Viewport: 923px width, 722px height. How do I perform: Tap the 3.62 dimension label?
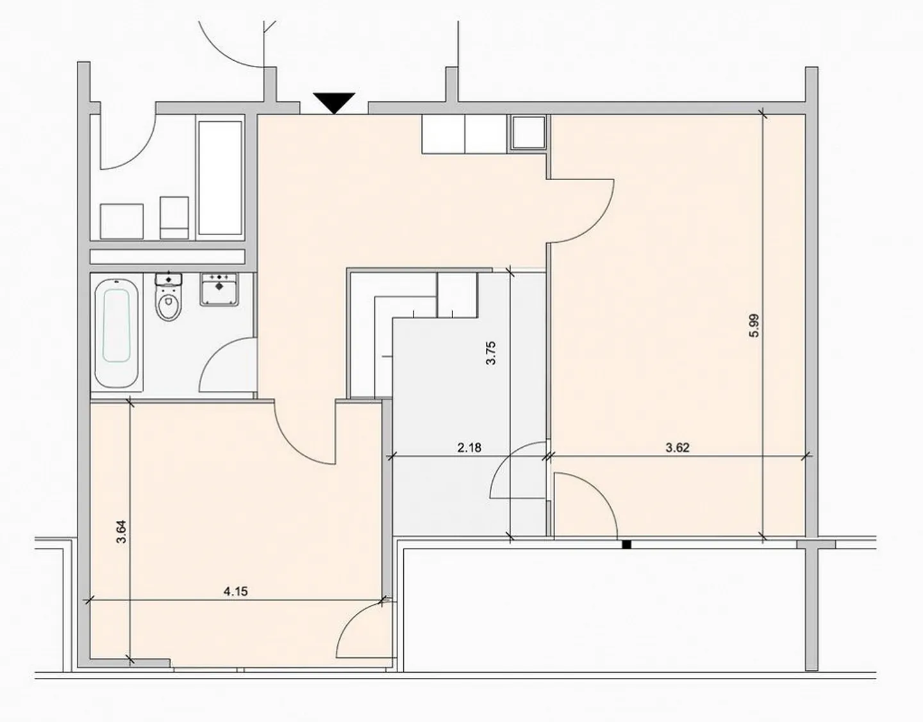pyautogui.click(x=678, y=448)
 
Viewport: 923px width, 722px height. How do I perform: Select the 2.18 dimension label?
pyautogui.click(x=469, y=448)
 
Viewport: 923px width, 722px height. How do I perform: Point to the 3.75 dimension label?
pyautogui.click(x=491, y=353)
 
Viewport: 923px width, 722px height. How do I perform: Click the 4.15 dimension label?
pyautogui.click(x=235, y=591)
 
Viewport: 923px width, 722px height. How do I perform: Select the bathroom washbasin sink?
pyautogui.click(x=219, y=289)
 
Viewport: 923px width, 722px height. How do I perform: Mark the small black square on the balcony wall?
pyautogui.click(x=627, y=545)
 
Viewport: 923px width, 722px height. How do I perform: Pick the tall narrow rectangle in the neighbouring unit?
pyautogui.click(x=220, y=178)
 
